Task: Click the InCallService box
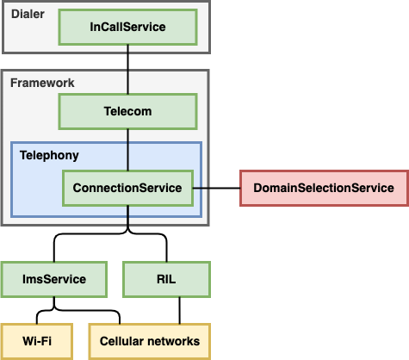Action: (127, 28)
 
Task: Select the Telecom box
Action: (127, 111)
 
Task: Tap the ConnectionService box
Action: (127, 188)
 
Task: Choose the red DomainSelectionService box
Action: (323, 188)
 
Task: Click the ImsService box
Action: (54, 279)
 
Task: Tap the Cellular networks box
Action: (150, 341)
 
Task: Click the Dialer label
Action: (28, 13)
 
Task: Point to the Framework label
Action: (42, 83)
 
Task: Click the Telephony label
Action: (49, 156)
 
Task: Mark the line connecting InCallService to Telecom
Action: (127, 58)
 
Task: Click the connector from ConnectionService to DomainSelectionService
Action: (215, 188)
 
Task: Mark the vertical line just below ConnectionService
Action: (127, 216)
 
